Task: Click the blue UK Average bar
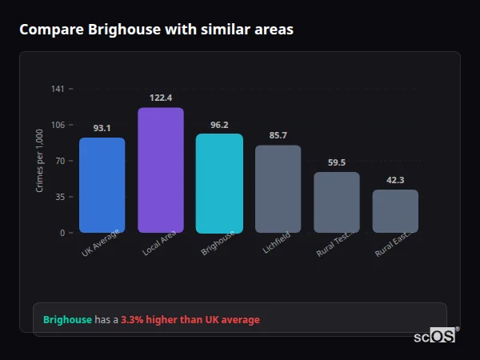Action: pyautogui.click(x=102, y=185)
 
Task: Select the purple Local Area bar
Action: pyautogui.click(x=161, y=170)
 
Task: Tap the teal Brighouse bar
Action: pyautogui.click(x=219, y=182)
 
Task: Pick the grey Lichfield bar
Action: pyautogui.click(x=278, y=189)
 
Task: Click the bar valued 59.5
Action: pyautogui.click(x=337, y=202)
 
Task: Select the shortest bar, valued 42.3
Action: pyautogui.click(x=395, y=211)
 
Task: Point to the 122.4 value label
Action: pyautogui.click(x=161, y=98)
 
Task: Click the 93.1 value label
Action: pyautogui.click(x=102, y=128)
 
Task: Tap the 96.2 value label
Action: pyautogui.click(x=219, y=125)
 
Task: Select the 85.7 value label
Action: pyautogui.click(x=278, y=135)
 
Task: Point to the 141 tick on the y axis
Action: pyautogui.click(x=58, y=89)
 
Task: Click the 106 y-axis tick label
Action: pyautogui.click(x=58, y=125)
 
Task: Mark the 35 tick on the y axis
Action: pyautogui.click(x=60, y=197)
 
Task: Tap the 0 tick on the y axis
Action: pyautogui.click(x=62, y=233)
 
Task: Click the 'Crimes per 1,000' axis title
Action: pyautogui.click(x=40, y=160)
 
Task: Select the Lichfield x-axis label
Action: pyautogui.click(x=277, y=243)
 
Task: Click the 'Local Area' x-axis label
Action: pyautogui.click(x=159, y=244)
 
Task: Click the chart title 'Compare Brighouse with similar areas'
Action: pyautogui.click(x=156, y=30)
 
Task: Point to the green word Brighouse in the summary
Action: pyautogui.click(x=67, y=320)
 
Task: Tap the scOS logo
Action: pyautogui.click(x=434, y=336)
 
